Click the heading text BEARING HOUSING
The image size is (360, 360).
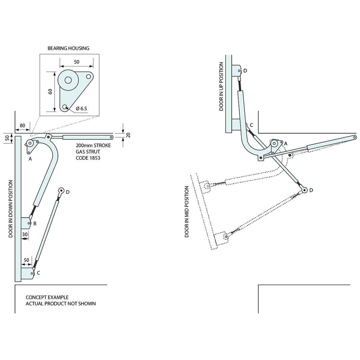[68, 48]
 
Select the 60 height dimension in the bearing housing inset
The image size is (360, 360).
[50, 92]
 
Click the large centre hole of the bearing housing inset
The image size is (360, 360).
[68, 80]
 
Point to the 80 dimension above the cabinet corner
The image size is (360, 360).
[22, 126]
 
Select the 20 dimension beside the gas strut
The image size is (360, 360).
[128, 135]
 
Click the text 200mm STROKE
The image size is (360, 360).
[93, 145]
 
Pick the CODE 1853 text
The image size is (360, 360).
[88, 158]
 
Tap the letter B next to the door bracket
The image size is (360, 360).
[35, 223]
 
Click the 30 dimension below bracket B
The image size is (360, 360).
[25, 234]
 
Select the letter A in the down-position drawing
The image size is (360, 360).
[30, 159]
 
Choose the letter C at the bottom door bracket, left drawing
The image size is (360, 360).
[38, 273]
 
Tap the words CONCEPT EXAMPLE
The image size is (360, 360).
[47, 297]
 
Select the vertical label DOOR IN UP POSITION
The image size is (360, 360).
[221, 86]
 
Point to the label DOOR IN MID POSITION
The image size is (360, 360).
[187, 212]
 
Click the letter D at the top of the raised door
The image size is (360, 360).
[245, 71]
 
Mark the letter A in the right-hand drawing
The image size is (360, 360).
[286, 143]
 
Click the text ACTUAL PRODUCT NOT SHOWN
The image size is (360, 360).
[61, 304]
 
